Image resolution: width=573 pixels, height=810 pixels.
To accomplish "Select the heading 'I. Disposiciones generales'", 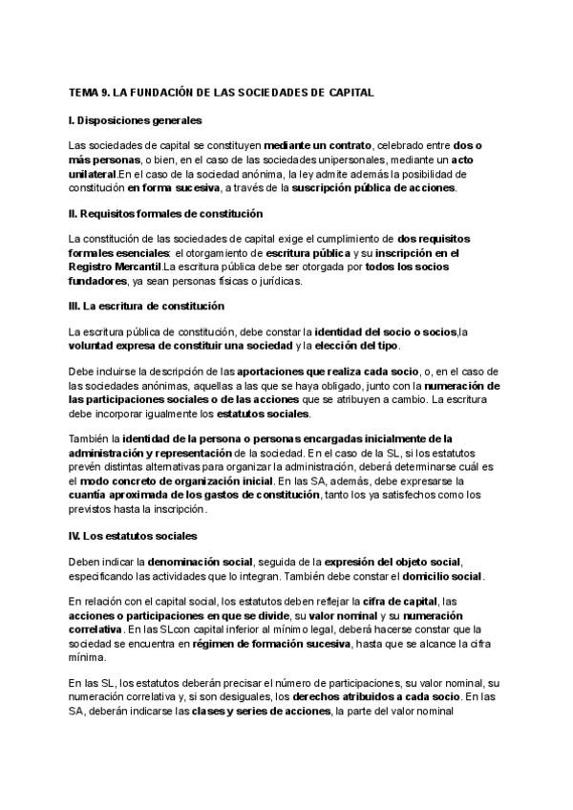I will tap(136, 120).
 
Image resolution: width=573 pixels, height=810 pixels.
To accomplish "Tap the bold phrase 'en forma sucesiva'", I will tap(169, 188).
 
